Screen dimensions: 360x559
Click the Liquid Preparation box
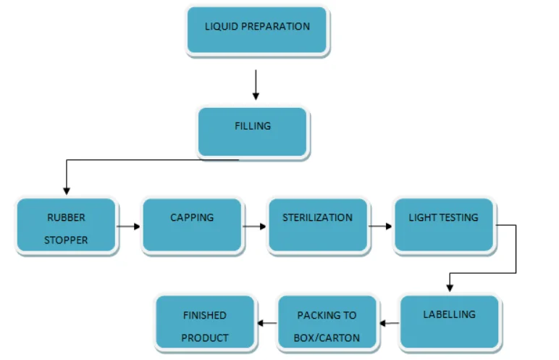(x=257, y=30)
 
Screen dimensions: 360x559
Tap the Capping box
(x=192, y=225)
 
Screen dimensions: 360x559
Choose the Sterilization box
(x=317, y=225)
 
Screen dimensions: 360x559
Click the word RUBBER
(x=66, y=217)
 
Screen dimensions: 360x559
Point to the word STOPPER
(x=66, y=240)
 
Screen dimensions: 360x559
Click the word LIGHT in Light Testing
(x=424, y=217)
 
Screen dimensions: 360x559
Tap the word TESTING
(x=460, y=217)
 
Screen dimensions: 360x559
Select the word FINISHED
(x=205, y=315)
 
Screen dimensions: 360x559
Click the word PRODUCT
(x=205, y=338)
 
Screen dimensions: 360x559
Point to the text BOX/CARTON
(x=327, y=338)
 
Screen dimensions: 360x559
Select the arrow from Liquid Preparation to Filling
(x=256, y=85)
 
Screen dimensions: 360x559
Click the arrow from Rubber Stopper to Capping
(x=129, y=227)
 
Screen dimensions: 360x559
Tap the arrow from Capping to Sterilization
(x=254, y=227)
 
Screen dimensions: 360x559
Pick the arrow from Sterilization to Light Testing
(x=380, y=227)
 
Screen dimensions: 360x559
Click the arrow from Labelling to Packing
(x=389, y=323)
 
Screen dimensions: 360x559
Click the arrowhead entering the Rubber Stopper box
(x=67, y=191)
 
